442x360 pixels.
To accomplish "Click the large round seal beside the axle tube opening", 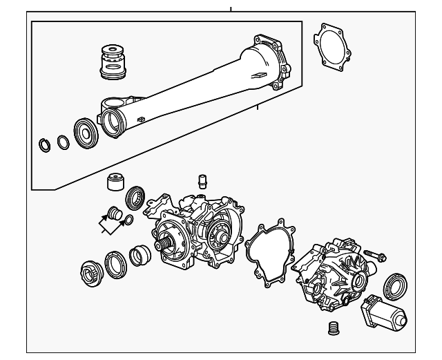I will pyautogui.click(x=84, y=132).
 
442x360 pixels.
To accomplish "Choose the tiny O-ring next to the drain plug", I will pyautogui.click(x=127, y=220).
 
